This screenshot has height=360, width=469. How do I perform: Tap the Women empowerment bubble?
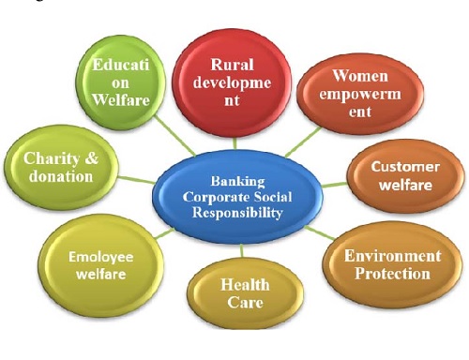[348, 92]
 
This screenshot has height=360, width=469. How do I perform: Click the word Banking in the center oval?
[239, 181]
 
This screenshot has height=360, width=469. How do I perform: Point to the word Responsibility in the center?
[240, 214]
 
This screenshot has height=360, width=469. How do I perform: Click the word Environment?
[392, 255]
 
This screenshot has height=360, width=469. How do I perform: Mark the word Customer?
[404, 167]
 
